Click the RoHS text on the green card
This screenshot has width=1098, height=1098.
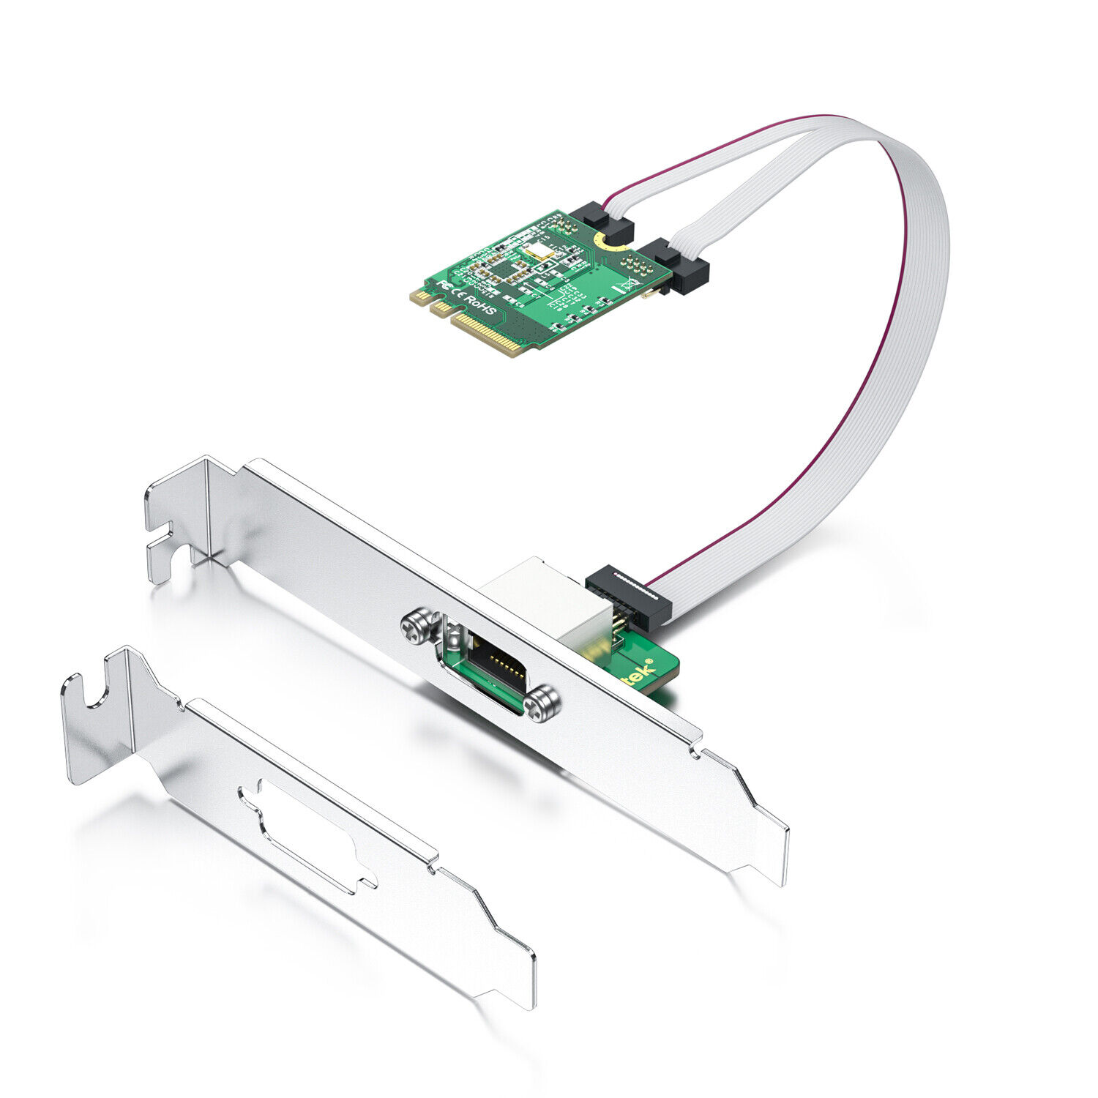(479, 305)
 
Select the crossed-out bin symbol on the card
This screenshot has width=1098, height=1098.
(627, 285)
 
